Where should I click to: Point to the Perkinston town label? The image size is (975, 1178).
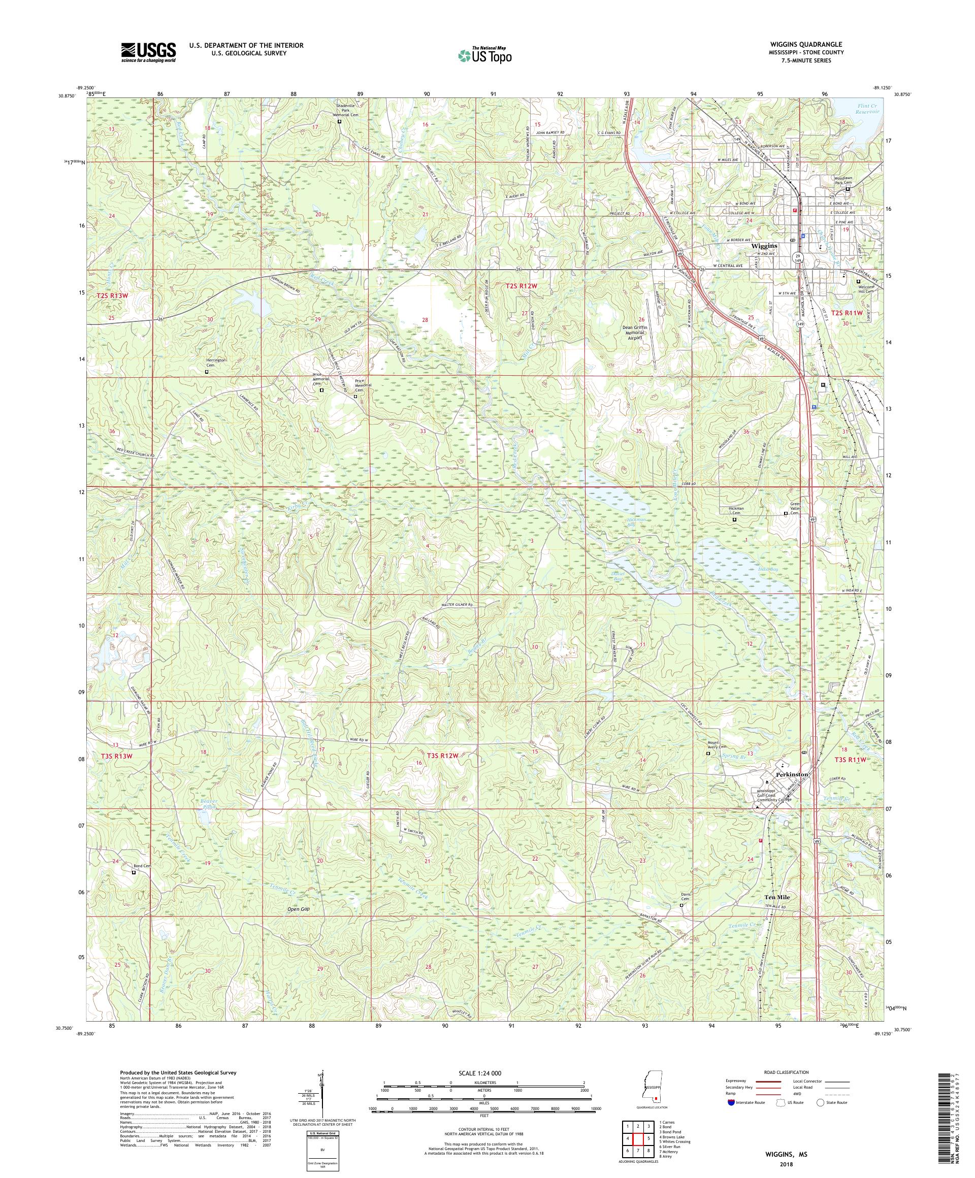point(792,774)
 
